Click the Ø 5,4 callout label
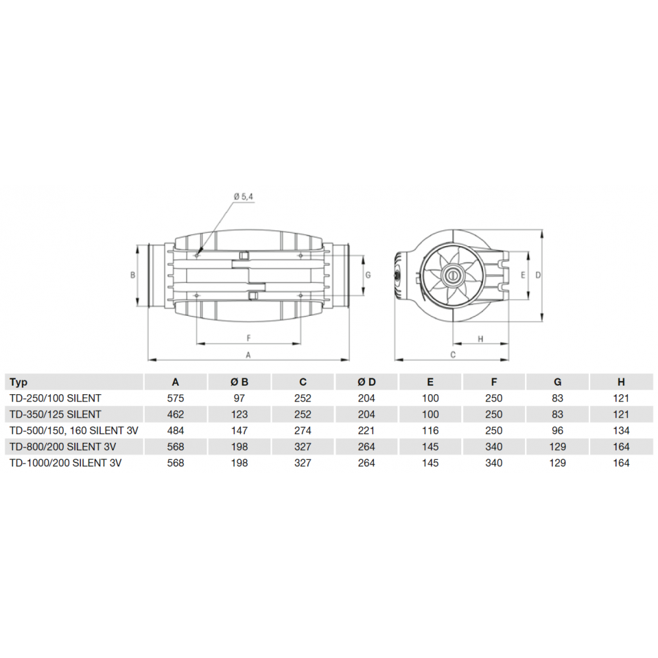tap(243, 196)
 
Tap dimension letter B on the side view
tap(132, 275)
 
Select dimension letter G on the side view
tap(368, 275)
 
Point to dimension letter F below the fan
tap(249, 338)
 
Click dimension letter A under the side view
tap(248, 355)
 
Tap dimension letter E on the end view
tap(522, 275)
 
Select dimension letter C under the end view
tap(453, 355)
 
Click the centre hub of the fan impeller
tap(452, 276)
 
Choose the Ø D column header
tap(367, 382)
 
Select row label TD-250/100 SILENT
tap(55, 398)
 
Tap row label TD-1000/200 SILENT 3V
tap(66, 463)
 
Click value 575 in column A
tap(176, 398)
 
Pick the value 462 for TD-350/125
tap(176, 415)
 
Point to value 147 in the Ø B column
tap(240, 430)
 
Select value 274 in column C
tap(303, 430)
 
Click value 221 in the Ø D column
tap(367, 430)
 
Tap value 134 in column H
tap(620, 430)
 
